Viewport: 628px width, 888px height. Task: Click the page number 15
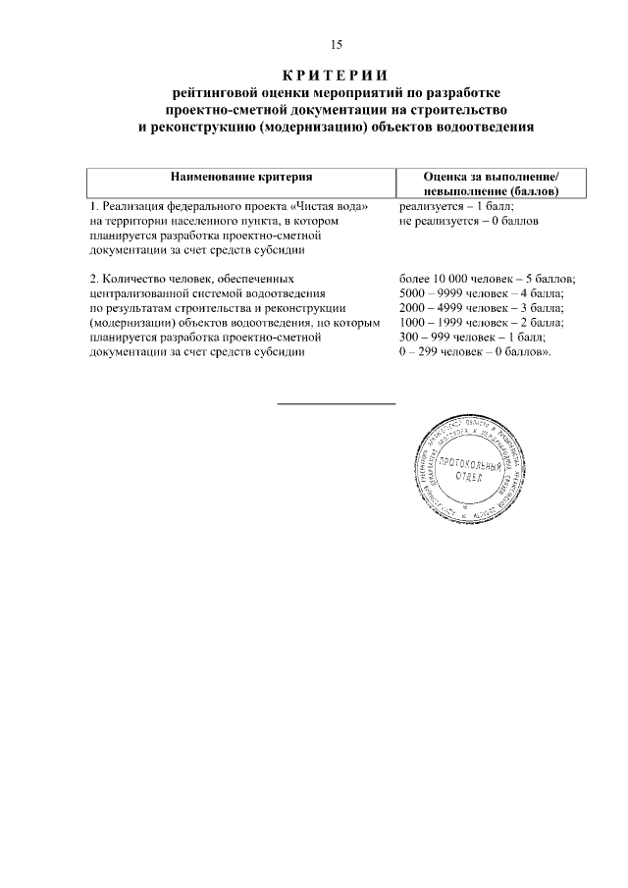(x=336, y=44)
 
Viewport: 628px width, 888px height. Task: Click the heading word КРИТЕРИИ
(x=336, y=75)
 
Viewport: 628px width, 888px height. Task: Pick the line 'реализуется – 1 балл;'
(x=457, y=208)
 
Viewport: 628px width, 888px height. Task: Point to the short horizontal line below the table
(x=336, y=403)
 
